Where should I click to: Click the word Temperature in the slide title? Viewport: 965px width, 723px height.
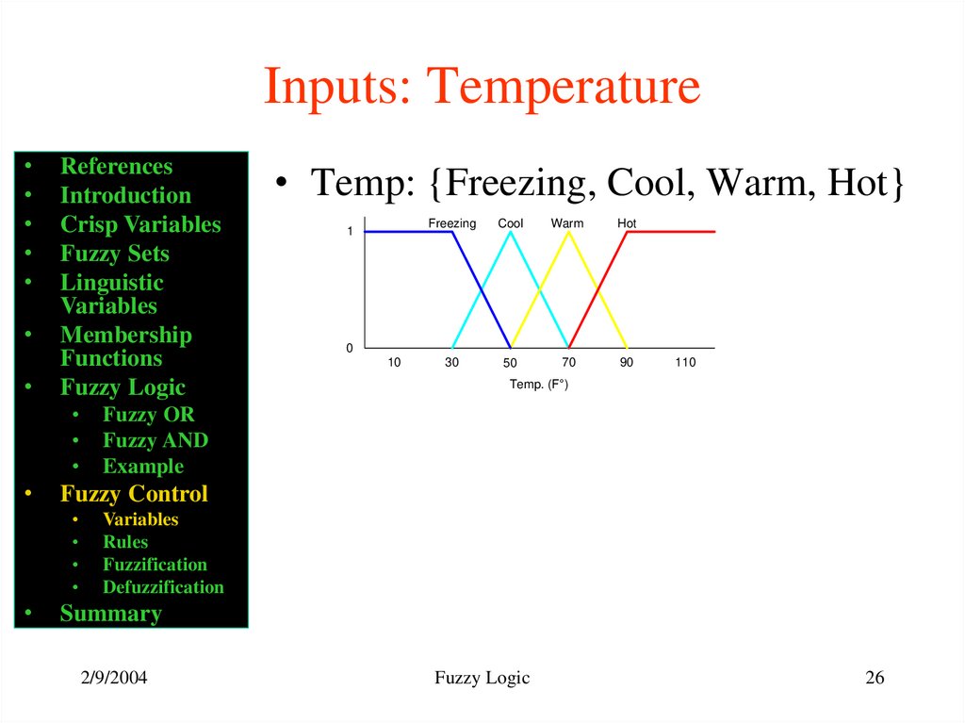tap(564, 87)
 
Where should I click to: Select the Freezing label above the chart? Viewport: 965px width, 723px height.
tap(452, 223)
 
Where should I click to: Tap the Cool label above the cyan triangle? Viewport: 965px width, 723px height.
tap(511, 223)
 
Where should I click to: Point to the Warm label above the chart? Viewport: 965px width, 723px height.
tap(567, 223)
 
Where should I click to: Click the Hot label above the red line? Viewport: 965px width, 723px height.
tap(627, 223)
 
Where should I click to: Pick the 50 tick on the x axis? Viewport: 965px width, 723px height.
tap(510, 363)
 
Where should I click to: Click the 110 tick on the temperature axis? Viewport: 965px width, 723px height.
tap(685, 363)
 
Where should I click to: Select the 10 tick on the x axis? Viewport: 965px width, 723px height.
tap(394, 363)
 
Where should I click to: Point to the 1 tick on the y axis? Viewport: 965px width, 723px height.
tap(349, 231)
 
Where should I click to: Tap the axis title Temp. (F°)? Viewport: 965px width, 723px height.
tap(539, 385)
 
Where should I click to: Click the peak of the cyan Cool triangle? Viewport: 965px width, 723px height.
tap(511, 232)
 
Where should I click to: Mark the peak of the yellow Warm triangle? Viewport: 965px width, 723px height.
tap(568, 232)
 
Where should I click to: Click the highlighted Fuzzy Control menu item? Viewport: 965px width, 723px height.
tap(134, 494)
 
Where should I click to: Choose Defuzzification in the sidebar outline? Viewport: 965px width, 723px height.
tap(163, 587)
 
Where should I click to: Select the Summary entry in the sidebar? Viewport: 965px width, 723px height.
tap(110, 614)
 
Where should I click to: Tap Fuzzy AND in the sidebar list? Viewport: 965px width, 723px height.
tap(155, 440)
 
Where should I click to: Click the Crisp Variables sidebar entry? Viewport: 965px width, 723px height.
tap(140, 224)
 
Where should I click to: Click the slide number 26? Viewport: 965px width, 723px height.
tap(875, 678)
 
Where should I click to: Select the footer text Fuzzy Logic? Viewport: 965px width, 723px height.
tap(482, 678)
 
